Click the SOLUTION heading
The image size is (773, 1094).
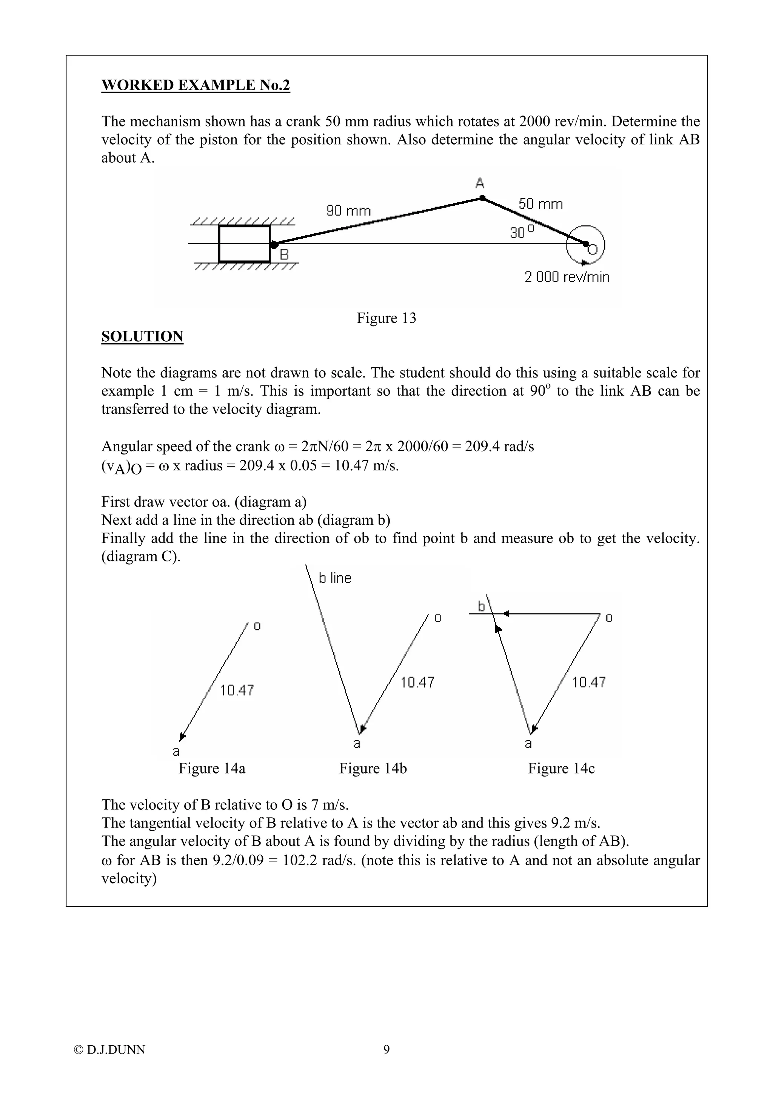[x=142, y=336]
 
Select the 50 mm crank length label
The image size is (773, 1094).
[x=540, y=204]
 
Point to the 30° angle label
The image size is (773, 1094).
[x=522, y=233]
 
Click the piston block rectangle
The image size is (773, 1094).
[x=244, y=244]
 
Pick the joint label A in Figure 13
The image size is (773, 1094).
[x=480, y=183]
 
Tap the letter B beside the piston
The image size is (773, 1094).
[x=284, y=254]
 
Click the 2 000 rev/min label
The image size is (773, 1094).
[x=567, y=277]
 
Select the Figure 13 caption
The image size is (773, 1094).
[x=386, y=318]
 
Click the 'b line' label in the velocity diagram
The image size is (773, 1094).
[x=335, y=578]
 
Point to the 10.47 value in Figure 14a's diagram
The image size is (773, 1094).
[x=237, y=690]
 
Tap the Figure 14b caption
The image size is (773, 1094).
[x=373, y=769]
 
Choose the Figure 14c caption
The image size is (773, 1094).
[x=561, y=769]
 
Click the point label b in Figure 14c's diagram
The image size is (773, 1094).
[x=482, y=606]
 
